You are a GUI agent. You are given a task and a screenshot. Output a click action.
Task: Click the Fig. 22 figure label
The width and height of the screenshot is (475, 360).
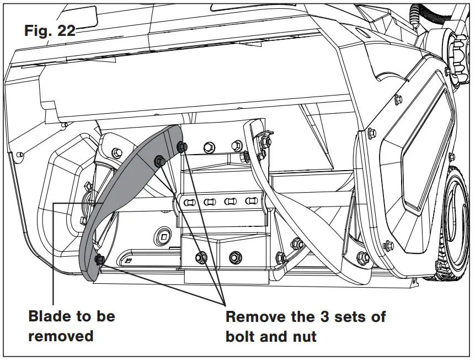tap(50, 31)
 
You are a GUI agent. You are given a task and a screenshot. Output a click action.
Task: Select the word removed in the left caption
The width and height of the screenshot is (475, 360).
tap(61, 335)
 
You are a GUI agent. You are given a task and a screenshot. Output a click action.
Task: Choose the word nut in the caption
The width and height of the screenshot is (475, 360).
tap(303, 335)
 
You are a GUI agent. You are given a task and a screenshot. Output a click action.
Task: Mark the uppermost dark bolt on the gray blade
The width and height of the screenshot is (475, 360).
tap(182, 146)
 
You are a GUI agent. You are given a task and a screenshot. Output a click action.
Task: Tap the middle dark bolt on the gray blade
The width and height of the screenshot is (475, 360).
tap(159, 161)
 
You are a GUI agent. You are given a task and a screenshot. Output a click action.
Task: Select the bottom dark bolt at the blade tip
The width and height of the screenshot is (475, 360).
tap(99, 260)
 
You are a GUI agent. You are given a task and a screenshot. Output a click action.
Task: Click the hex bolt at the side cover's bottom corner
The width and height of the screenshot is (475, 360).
tap(362, 257)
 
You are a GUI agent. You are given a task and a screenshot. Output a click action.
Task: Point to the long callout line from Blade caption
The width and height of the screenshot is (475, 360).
tap(54, 248)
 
